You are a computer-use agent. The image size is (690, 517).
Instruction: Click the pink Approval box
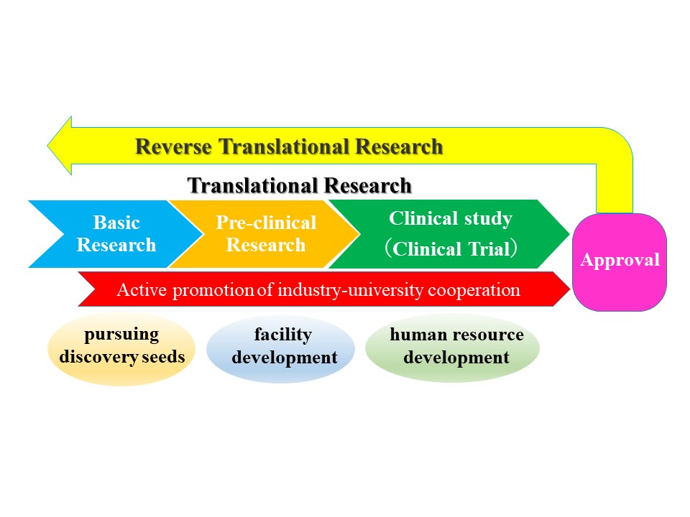620,262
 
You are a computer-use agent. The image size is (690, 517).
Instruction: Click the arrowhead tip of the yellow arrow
47,146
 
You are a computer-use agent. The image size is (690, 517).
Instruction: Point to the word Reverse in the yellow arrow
173,146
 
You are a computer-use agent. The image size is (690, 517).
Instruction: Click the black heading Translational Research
299,185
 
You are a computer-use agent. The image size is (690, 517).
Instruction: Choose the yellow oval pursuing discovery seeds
121,349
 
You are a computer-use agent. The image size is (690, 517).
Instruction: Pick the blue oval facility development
281,349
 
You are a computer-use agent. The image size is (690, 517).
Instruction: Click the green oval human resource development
452,348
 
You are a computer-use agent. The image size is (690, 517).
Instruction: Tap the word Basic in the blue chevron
116,223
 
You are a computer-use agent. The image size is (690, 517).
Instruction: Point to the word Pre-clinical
266,223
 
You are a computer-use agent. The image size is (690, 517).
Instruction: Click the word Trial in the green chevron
489,249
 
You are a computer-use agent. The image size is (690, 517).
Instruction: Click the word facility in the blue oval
283,335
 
